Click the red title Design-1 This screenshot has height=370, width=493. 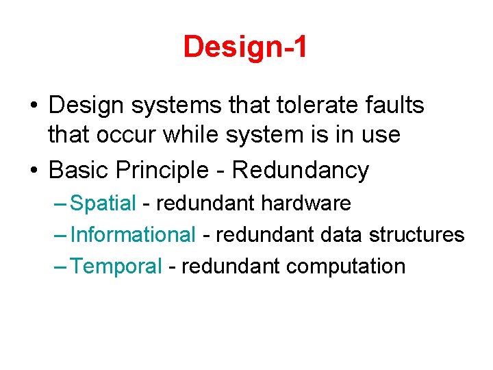coord(246,47)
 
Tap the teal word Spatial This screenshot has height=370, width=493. coord(103,203)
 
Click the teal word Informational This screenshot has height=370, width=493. coord(134,234)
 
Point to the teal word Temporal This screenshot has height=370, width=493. coord(116,266)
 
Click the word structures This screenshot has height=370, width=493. coord(417,234)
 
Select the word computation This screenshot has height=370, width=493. coord(346,266)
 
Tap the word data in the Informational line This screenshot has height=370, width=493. coord(341,234)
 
